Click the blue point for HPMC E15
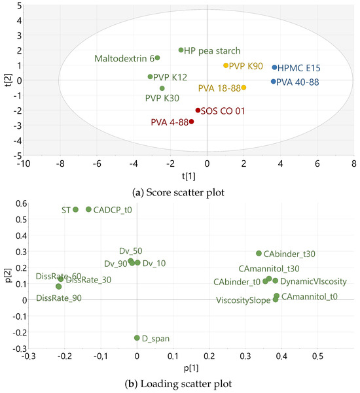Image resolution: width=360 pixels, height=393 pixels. pyautogui.click(x=275, y=67)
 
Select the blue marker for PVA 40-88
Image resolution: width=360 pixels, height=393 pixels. pyautogui.click(x=274, y=82)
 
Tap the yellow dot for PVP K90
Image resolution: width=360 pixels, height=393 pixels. pyautogui.click(x=226, y=65)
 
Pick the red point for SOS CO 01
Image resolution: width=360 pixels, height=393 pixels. pyautogui.click(x=198, y=111)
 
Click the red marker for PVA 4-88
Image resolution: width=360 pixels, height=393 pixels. pyautogui.click(x=191, y=122)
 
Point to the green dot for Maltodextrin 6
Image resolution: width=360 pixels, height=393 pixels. pyautogui.click(x=157, y=58)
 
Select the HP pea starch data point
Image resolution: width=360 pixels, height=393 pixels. pyautogui.click(x=181, y=50)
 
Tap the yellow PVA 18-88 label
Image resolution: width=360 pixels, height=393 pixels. pyautogui.click(x=219, y=88)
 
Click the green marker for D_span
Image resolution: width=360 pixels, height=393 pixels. pyautogui.click(x=137, y=338)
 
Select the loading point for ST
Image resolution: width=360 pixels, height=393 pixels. pyautogui.click(x=75, y=209)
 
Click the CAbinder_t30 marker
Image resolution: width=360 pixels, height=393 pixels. pyautogui.click(x=259, y=254)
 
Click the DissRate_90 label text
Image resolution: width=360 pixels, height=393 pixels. pyautogui.click(x=59, y=298)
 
